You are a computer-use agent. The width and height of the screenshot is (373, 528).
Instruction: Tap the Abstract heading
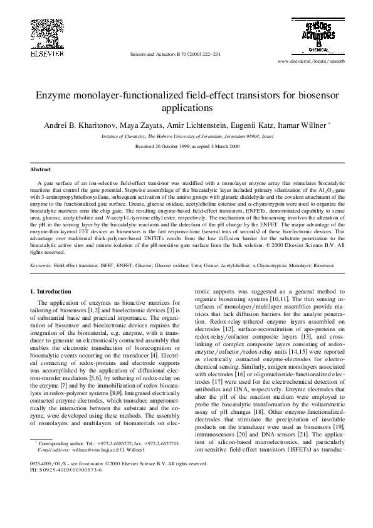[40, 169]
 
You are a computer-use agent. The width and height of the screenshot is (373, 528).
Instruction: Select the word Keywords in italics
[41, 266]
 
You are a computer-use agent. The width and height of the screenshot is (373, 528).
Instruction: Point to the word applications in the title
[187, 108]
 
